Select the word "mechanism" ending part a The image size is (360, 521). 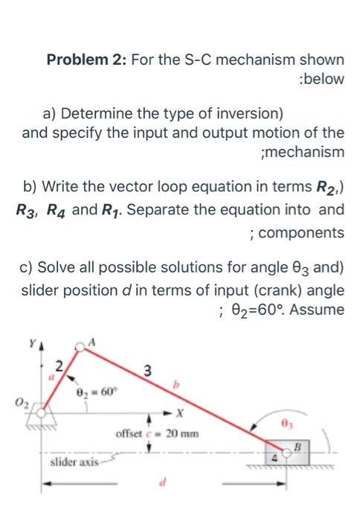(305, 152)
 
